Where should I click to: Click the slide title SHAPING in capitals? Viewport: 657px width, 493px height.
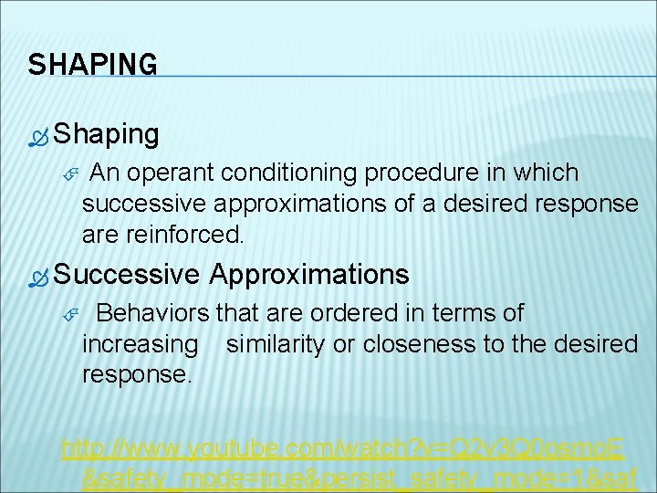pyautogui.click(x=92, y=65)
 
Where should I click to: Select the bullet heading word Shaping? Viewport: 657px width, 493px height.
pyautogui.click(x=106, y=135)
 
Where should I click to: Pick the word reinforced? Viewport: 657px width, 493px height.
pyautogui.click(x=186, y=235)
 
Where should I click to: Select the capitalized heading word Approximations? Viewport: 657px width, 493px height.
pyautogui.click(x=309, y=274)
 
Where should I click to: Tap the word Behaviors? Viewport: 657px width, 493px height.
pyautogui.click(x=154, y=313)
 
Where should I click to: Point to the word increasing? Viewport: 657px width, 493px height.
pyautogui.click(x=140, y=344)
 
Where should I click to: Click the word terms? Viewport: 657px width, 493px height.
pyautogui.click(x=439, y=313)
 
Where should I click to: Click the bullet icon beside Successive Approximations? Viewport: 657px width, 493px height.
pyautogui.click(x=38, y=278)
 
